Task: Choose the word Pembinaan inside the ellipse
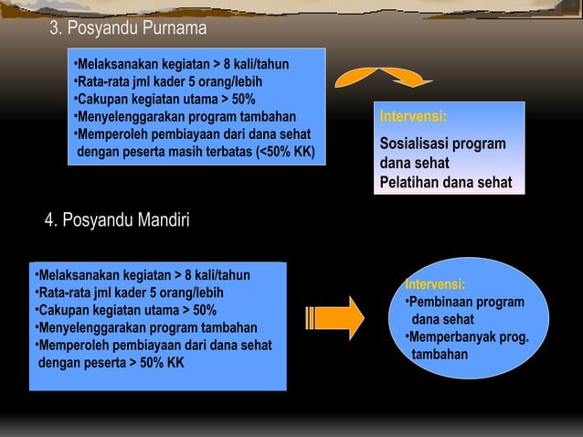coord(441,303)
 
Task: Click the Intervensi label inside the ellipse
coord(435,284)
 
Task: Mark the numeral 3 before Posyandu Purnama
coord(54,28)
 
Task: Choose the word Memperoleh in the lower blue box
coord(72,345)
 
